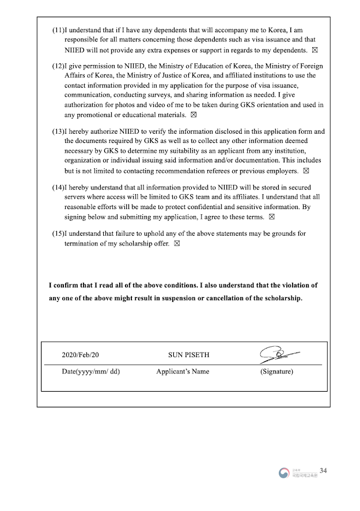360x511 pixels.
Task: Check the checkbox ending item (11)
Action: click(x=314, y=50)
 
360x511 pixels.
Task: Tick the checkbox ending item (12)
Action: click(x=201, y=115)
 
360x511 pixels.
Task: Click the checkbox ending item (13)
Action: click(x=306, y=171)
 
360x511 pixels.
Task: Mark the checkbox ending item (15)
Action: click(x=177, y=244)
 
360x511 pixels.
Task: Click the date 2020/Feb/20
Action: click(x=84, y=355)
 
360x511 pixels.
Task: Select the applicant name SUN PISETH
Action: click(x=183, y=355)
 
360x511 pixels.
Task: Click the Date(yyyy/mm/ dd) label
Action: click(x=90, y=372)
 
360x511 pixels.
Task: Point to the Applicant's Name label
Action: click(x=183, y=372)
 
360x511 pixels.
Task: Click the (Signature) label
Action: click(x=276, y=372)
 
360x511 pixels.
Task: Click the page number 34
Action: click(x=323, y=471)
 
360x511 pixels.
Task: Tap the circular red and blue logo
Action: click(x=283, y=473)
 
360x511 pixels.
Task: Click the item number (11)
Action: click(x=58, y=29)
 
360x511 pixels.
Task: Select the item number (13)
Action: click(x=58, y=131)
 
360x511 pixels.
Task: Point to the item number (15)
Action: click(x=58, y=233)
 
